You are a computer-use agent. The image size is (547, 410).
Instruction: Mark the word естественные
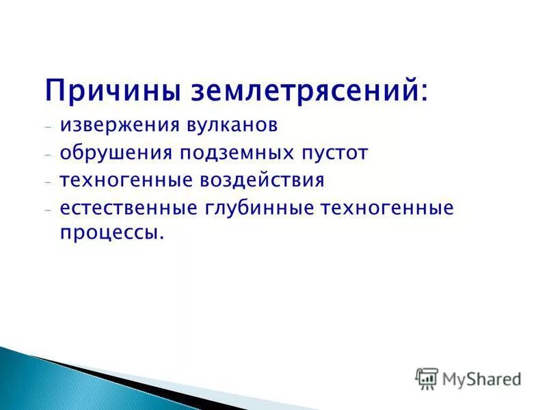coord(129,208)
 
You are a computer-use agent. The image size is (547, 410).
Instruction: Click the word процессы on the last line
coord(111,234)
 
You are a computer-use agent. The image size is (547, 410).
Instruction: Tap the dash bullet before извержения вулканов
coord(49,128)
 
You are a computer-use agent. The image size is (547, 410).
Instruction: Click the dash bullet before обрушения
coord(49,155)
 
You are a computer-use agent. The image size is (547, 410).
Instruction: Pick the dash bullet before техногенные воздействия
coord(49,182)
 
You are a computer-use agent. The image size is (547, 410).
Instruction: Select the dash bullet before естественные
coord(49,210)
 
